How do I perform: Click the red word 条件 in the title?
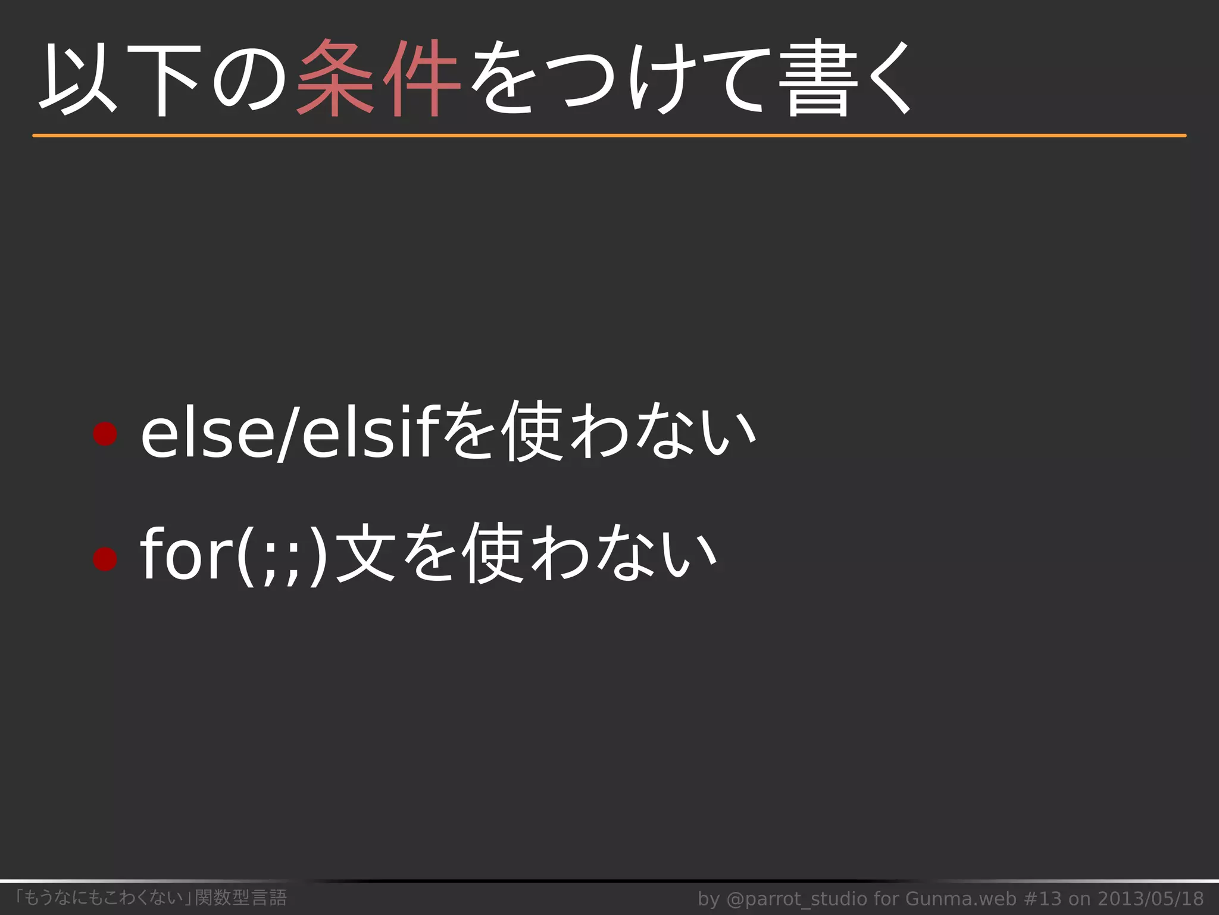[x=379, y=79]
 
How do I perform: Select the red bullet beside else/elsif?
[x=105, y=434]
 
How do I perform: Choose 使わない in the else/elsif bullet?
[x=629, y=432]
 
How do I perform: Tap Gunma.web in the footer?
[x=961, y=898]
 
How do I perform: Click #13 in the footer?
[x=1045, y=898]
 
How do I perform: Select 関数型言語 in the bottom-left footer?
[x=241, y=897]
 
